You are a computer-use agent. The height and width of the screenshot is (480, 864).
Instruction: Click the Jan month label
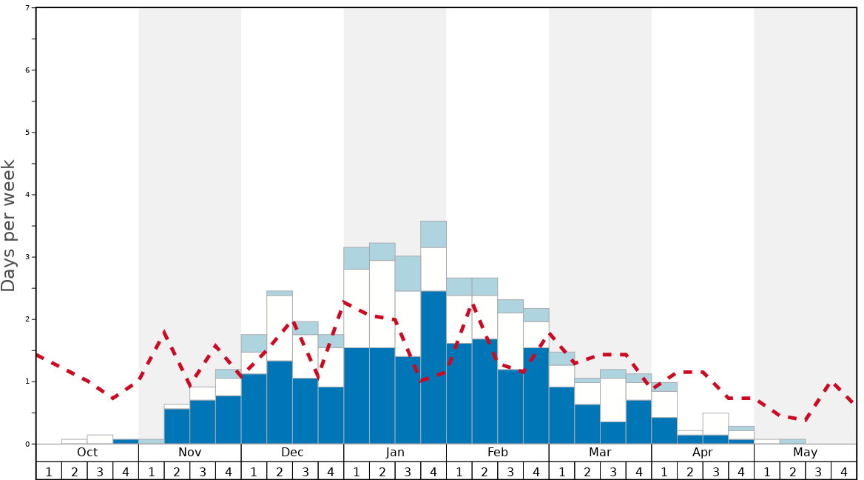(395, 453)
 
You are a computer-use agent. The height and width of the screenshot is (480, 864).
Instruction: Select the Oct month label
(87, 453)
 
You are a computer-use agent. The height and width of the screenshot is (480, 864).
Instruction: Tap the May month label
(805, 453)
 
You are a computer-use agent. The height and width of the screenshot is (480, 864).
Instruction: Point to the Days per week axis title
(9, 225)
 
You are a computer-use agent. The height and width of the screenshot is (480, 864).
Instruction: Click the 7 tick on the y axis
(27, 8)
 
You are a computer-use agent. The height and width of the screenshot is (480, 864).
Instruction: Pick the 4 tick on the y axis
(27, 195)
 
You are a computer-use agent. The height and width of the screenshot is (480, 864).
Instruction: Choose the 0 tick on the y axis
(27, 444)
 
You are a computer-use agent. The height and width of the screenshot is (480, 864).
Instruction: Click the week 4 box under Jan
(433, 470)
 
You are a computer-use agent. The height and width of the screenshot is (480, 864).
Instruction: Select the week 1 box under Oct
(49, 470)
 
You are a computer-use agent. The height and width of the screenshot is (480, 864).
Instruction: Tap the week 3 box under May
(818, 470)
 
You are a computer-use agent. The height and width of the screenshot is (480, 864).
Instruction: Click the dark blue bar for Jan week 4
(433, 367)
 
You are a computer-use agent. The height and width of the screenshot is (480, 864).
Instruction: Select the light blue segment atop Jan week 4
(433, 234)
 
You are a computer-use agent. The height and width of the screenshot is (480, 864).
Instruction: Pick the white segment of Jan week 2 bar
(382, 304)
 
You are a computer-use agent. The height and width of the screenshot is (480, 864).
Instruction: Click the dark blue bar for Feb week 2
(485, 391)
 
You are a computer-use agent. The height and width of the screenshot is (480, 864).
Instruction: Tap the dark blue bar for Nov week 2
(177, 426)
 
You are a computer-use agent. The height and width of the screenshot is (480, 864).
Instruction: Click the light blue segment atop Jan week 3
(408, 273)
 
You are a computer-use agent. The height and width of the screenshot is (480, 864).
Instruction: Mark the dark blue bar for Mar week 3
(612, 433)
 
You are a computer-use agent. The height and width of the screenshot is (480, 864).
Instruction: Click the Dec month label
(292, 453)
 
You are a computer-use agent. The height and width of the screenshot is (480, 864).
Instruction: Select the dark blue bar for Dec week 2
(280, 402)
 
